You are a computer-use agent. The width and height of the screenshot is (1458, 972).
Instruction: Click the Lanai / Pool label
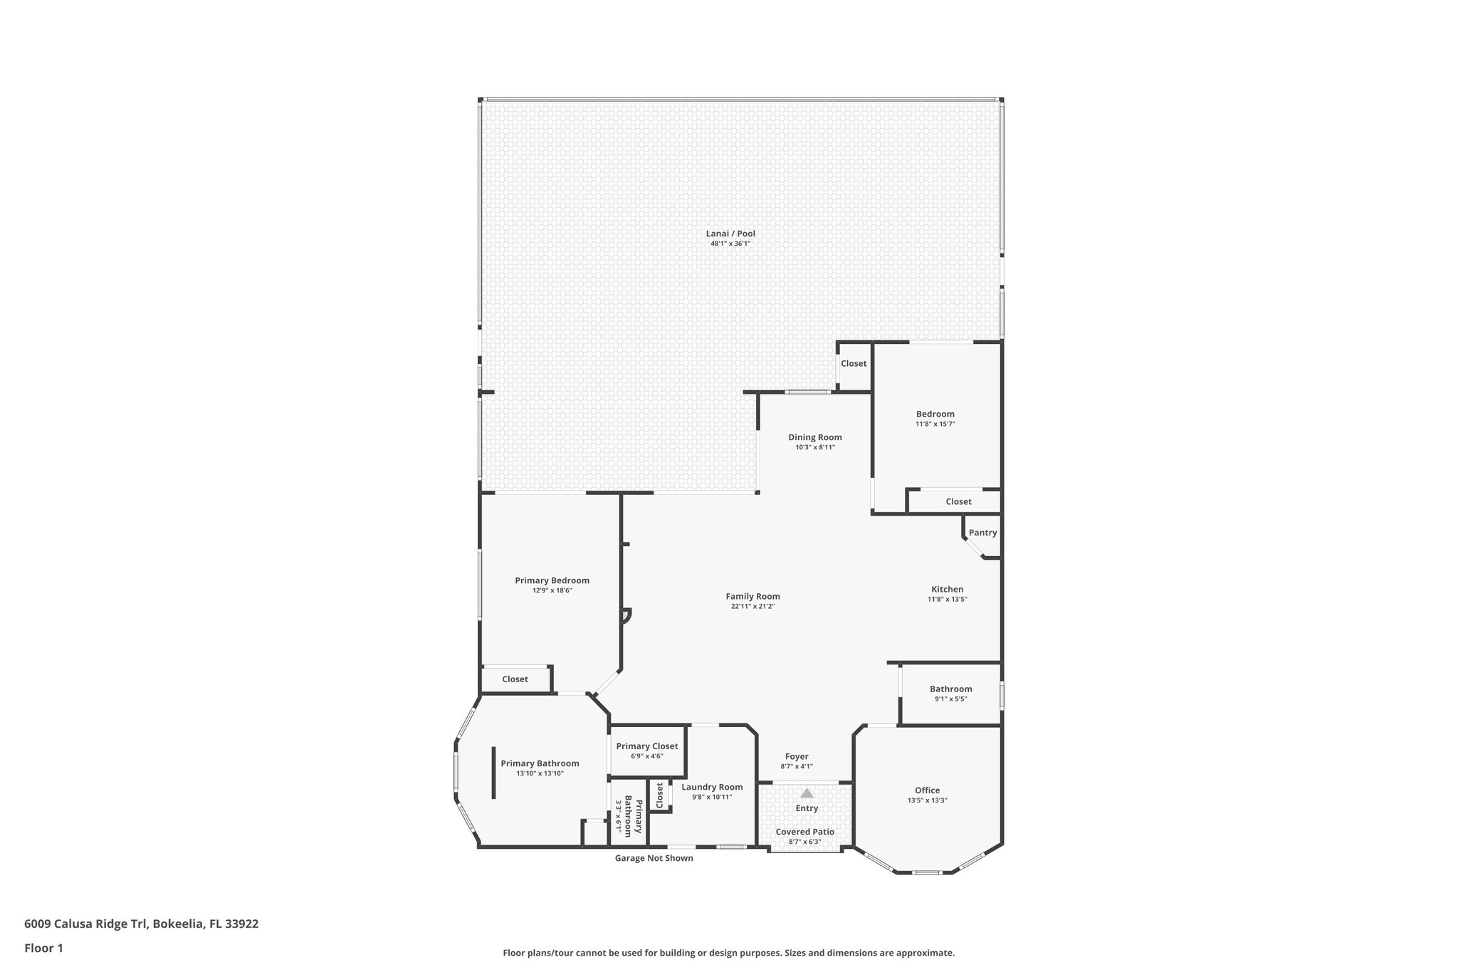click(x=730, y=234)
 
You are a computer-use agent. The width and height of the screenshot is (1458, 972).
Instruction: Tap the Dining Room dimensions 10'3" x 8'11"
click(x=815, y=448)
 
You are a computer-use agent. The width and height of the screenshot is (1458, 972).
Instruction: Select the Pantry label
click(x=982, y=533)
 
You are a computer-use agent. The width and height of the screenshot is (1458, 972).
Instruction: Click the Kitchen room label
click(x=947, y=590)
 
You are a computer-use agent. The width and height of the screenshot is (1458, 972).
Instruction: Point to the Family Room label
click(x=752, y=597)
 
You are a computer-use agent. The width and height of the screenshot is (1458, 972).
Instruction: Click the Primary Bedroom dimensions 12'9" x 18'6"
click(x=552, y=591)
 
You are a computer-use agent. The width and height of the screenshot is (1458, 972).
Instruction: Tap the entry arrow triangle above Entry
click(x=807, y=793)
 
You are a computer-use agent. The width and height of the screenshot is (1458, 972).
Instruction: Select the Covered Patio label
click(x=804, y=832)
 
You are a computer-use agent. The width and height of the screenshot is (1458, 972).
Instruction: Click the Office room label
click(x=927, y=790)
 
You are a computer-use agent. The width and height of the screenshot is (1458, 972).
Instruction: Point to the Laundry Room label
click(x=712, y=787)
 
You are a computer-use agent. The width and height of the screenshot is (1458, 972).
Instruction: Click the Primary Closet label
click(x=647, y=746)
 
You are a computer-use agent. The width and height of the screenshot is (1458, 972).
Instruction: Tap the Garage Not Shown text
click(x=654, y=858)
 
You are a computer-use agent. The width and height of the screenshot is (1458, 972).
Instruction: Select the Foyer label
click(x=797, y=757)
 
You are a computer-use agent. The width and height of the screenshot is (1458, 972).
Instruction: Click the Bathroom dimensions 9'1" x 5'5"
click(x=950, y=699)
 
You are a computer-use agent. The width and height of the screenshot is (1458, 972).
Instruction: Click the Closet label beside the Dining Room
click(x=854, y=363)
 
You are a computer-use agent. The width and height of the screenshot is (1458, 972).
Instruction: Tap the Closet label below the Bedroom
click(x=958, y=502)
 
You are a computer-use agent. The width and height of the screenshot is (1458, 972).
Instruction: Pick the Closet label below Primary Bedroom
click(x=515, y=679)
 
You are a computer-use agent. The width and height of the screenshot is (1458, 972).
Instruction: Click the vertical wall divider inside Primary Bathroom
click(x=493, y=773)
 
